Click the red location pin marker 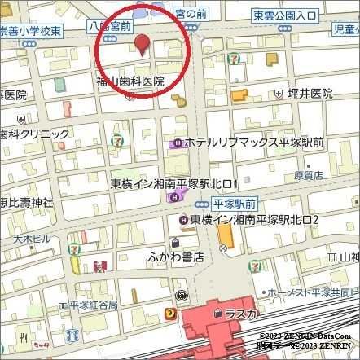[142, 45]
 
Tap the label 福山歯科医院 [130, 81]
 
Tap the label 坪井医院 [310, 94]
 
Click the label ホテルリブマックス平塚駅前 [253, 143]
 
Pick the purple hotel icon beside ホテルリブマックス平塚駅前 [175, 143]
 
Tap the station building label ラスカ [242, 314]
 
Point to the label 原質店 [308, 174]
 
